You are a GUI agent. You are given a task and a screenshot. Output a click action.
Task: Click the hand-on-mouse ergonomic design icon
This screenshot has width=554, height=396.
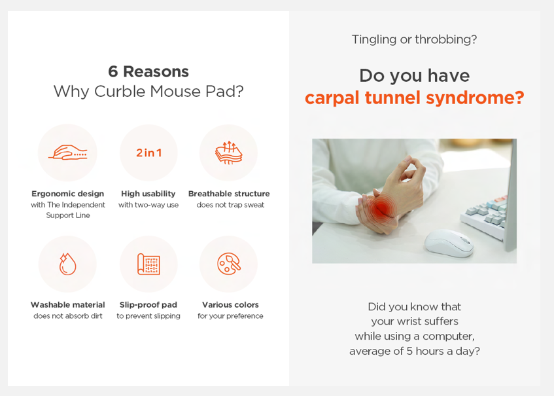point(68,153)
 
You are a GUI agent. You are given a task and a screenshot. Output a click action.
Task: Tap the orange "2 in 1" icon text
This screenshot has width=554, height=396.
point(148,153)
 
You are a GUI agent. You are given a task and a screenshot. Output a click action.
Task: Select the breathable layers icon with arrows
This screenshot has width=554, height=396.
point(228,153)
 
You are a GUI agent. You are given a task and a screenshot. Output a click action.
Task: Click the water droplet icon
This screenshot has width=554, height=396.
point(67,264)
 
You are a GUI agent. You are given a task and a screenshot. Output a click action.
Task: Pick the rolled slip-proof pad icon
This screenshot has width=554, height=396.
point(148,264)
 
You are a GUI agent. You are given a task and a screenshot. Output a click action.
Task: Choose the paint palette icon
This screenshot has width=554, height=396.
point(228,264)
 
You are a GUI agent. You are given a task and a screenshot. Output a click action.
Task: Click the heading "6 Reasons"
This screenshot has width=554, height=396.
point(148,71)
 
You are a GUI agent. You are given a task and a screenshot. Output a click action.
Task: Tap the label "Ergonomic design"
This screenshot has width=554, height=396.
point(68,194)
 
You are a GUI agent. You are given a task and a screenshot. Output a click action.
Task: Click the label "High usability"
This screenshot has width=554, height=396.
point(148,194)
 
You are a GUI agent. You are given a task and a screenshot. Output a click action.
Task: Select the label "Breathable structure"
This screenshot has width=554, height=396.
point(229,194)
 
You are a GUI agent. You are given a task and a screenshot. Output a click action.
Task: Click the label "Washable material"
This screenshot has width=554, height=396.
point(68,305)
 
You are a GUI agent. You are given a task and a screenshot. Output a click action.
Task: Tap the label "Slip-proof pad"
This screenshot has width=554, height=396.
point(148,305)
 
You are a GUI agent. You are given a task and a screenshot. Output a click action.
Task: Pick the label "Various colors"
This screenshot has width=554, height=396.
point(230,305)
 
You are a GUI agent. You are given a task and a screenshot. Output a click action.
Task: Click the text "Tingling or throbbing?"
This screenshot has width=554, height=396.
point(415,39)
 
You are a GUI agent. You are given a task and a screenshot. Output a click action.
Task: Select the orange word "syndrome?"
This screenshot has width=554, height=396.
point(476,98)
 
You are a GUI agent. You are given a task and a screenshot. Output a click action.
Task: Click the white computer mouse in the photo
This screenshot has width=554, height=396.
point(449,243)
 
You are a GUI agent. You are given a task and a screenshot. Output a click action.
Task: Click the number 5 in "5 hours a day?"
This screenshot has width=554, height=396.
point(409,351)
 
